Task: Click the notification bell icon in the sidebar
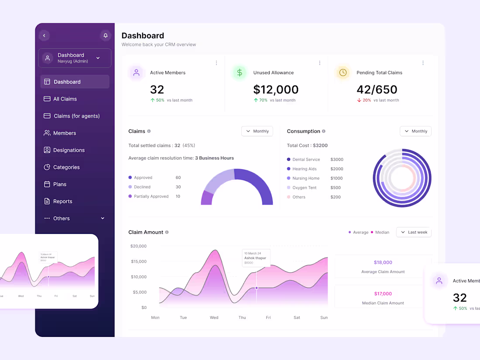point(105,35)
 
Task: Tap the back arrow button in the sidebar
point(44,35)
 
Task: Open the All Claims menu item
point(65,99)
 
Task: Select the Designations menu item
point(69,150)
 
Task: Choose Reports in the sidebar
point(62,201)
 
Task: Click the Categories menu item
point(66,167)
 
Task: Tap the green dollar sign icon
point(240,73)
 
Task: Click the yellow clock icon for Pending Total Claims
point(343,73)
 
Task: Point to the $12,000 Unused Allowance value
point(276,89)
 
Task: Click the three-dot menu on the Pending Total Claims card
point(423,63)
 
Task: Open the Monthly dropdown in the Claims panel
point(257,131)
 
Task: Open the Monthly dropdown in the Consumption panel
point(415,131)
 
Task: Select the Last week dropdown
point(414,232)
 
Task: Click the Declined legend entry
point(142,187)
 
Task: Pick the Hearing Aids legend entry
point(304,169)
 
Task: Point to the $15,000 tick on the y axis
point(138,261)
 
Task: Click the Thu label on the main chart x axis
point(242,317)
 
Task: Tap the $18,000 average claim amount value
point(383,262)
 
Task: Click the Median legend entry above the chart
point(382,232)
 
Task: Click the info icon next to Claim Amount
point(167,232)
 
